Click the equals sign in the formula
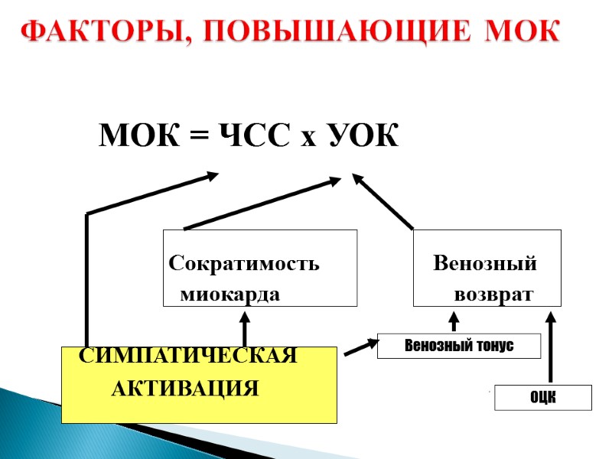(x=199, y=138)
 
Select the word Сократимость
(x=244, y=265)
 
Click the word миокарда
(x=229, y=295)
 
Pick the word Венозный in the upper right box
(x=485, y=265)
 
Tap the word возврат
(x=493, y=295)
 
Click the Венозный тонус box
(x=459, y=347)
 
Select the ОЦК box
(x=543, y=398)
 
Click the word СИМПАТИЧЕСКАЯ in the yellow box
(x=189, y=356)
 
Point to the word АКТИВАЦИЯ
(x=186, y=389)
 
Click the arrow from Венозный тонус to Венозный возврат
(x=453, y=321)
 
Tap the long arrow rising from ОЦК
(x=552, y=344)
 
